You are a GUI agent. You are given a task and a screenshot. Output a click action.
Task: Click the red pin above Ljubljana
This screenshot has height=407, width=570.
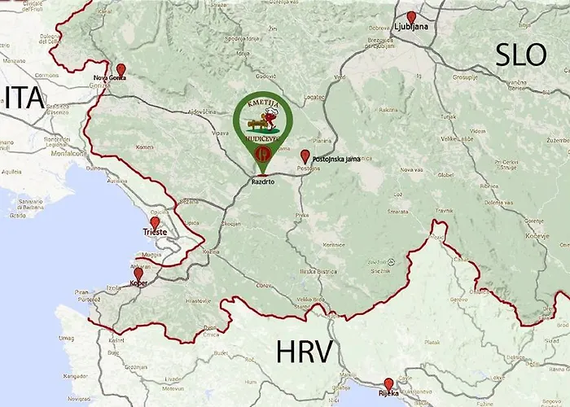point(411,17)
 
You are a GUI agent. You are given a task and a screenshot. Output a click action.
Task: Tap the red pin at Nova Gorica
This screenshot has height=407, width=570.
point(121,69)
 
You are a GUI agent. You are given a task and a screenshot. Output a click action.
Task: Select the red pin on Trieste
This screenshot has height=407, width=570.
point(155,222)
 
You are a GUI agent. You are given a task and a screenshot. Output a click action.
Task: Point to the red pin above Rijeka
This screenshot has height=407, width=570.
point(388,383)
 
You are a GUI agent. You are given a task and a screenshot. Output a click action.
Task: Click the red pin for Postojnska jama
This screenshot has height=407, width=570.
point(305,155)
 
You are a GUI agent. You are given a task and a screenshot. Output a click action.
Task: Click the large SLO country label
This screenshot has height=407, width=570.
point(520,55)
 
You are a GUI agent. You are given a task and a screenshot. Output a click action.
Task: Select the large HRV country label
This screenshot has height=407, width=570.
point(304,352)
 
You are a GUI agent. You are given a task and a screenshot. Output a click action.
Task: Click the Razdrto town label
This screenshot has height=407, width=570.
point(261,184)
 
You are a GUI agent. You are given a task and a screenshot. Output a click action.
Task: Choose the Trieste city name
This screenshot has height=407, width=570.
point(154,232)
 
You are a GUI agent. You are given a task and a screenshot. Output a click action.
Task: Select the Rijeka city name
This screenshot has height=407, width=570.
point(388,393)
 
